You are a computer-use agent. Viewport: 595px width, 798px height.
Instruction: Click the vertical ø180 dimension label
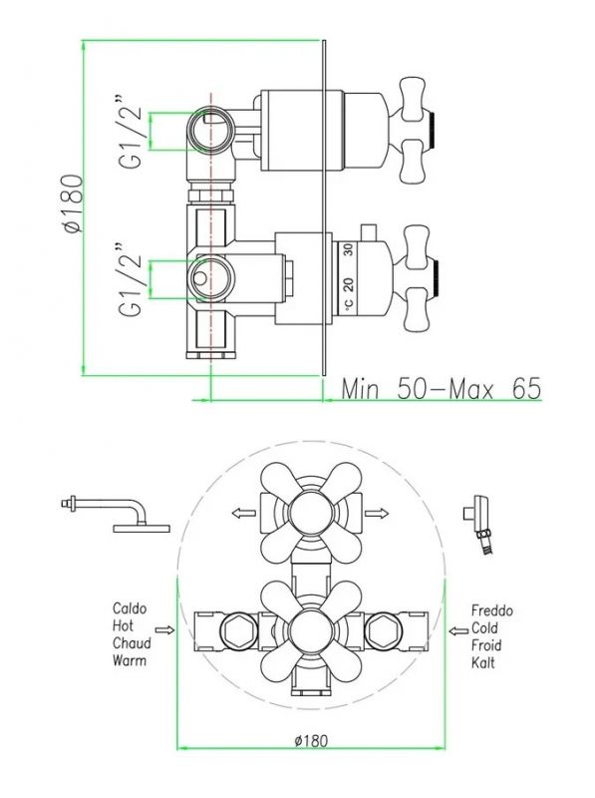pyautogui.click(x=74, y=203)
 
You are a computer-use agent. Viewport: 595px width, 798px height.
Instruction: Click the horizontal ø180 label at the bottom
pyautogui.click(x=311, y=740)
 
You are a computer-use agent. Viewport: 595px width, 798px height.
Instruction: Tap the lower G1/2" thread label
pyautogui.click(x=130, y=279)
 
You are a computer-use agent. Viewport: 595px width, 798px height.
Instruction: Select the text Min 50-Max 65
pyautogui.click(x=441, y=389)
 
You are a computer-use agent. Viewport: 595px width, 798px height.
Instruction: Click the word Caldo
pyautogui.click(x=130, y=608)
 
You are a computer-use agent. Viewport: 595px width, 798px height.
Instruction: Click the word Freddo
pyautogui.click(x=491, y=610)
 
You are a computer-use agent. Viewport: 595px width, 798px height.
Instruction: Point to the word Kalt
pyautogui.click(x=483, y=662)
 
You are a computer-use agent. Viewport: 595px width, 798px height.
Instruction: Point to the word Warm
pyautogui.click(x=130, y=661)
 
